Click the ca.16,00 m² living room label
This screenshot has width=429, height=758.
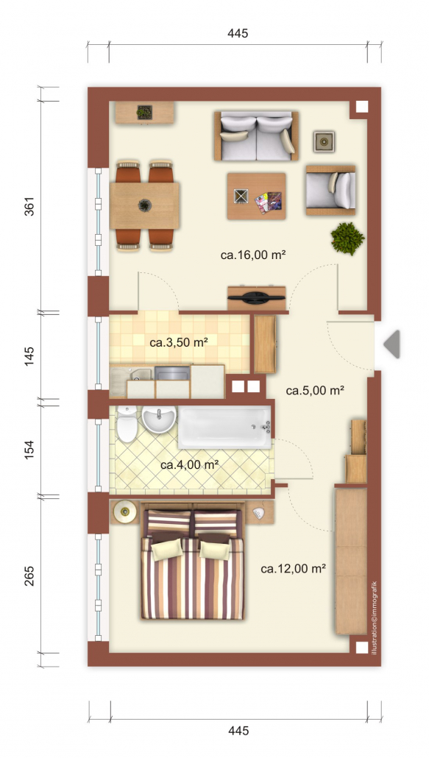253,255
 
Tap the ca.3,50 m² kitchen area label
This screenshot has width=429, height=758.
178,343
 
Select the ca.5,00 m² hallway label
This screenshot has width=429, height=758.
314,390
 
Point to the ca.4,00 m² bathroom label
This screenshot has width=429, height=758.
190,465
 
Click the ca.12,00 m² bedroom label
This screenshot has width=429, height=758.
293,569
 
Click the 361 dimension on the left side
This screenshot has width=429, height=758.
29,206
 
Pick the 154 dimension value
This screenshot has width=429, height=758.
29,449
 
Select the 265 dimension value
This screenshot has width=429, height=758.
29,575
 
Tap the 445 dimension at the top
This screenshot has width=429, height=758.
238,33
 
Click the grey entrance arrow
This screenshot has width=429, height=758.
391,344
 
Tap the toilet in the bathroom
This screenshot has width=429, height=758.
127,424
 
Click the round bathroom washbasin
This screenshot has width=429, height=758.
158,418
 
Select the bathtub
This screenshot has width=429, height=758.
224,427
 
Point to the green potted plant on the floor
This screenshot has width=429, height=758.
347,238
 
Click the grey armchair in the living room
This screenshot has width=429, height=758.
331,190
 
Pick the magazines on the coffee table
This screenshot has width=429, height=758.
269,202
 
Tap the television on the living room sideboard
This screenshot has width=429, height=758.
257,297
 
